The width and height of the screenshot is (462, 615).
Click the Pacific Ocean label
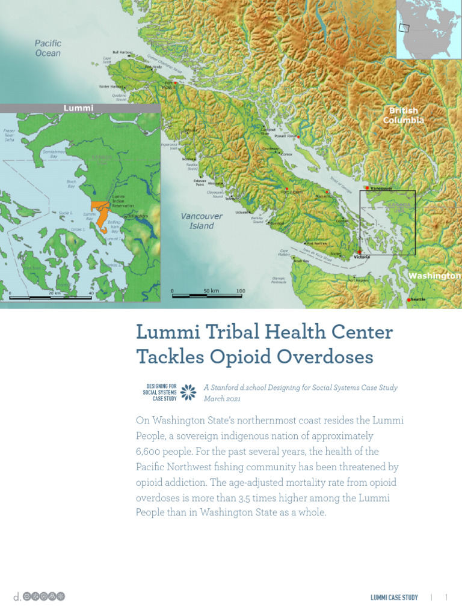(48, 48)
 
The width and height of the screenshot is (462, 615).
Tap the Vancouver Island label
(202, 221)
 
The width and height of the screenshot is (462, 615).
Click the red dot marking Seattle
(409, 300)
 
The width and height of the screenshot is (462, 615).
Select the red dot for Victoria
(359, 253)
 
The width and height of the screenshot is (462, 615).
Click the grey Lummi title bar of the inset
(79, 108)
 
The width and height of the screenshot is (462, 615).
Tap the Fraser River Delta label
(9, 136)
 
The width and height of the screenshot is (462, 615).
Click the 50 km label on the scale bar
(211, 291)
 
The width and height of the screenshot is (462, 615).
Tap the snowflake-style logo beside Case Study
(188, 392)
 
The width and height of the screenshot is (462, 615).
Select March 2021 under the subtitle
(222, 399)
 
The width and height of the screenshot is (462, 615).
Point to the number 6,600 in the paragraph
(150, 451)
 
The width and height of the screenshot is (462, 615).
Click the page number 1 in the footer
(446, 597)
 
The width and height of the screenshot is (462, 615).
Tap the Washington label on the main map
(434, 276)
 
